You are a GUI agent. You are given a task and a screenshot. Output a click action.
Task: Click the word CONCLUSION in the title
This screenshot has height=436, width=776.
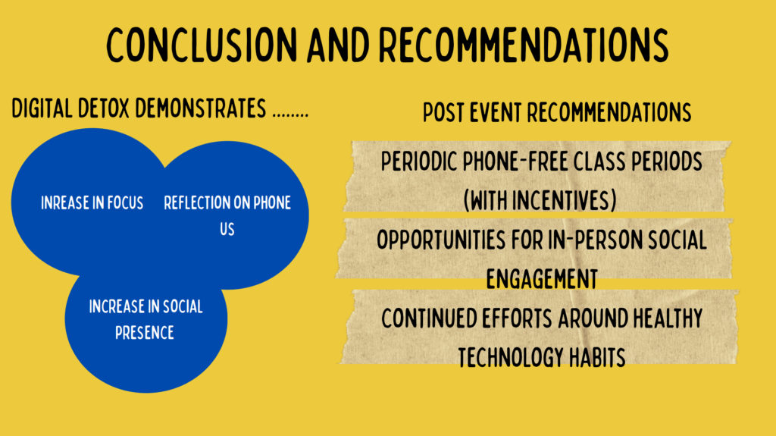[202, 45]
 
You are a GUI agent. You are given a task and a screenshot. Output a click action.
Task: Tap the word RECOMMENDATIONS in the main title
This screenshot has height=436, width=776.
[524, 45]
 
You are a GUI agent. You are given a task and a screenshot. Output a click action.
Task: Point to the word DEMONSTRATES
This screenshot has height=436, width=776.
[200, 108]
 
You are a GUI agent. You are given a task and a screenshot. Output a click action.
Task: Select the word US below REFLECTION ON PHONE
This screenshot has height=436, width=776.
[227, 230]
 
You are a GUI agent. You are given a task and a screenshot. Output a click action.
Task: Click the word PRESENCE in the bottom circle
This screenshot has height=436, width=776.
[145, 333]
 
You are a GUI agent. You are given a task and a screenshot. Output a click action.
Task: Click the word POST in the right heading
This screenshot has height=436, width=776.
[443, 112]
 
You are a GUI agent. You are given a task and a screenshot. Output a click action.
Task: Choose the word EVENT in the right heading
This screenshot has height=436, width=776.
[496, 112]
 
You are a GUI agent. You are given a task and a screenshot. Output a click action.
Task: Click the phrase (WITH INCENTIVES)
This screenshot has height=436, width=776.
[540, 201]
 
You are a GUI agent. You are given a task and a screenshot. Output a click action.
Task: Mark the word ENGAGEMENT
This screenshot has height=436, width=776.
[542, 279]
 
